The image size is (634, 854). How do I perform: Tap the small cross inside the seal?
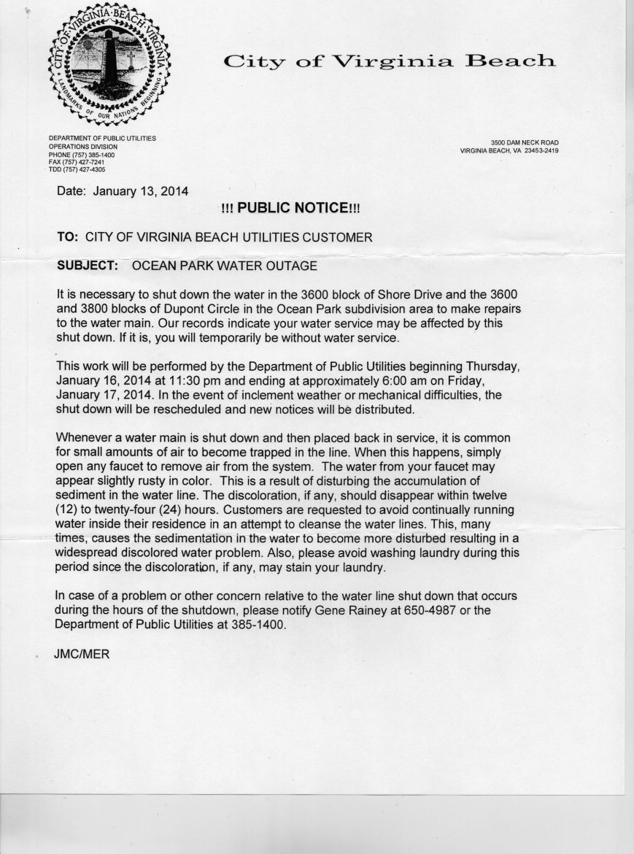[131, 60]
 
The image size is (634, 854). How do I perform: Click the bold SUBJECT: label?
[88, 266]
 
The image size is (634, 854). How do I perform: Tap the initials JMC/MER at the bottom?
[82, 654]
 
